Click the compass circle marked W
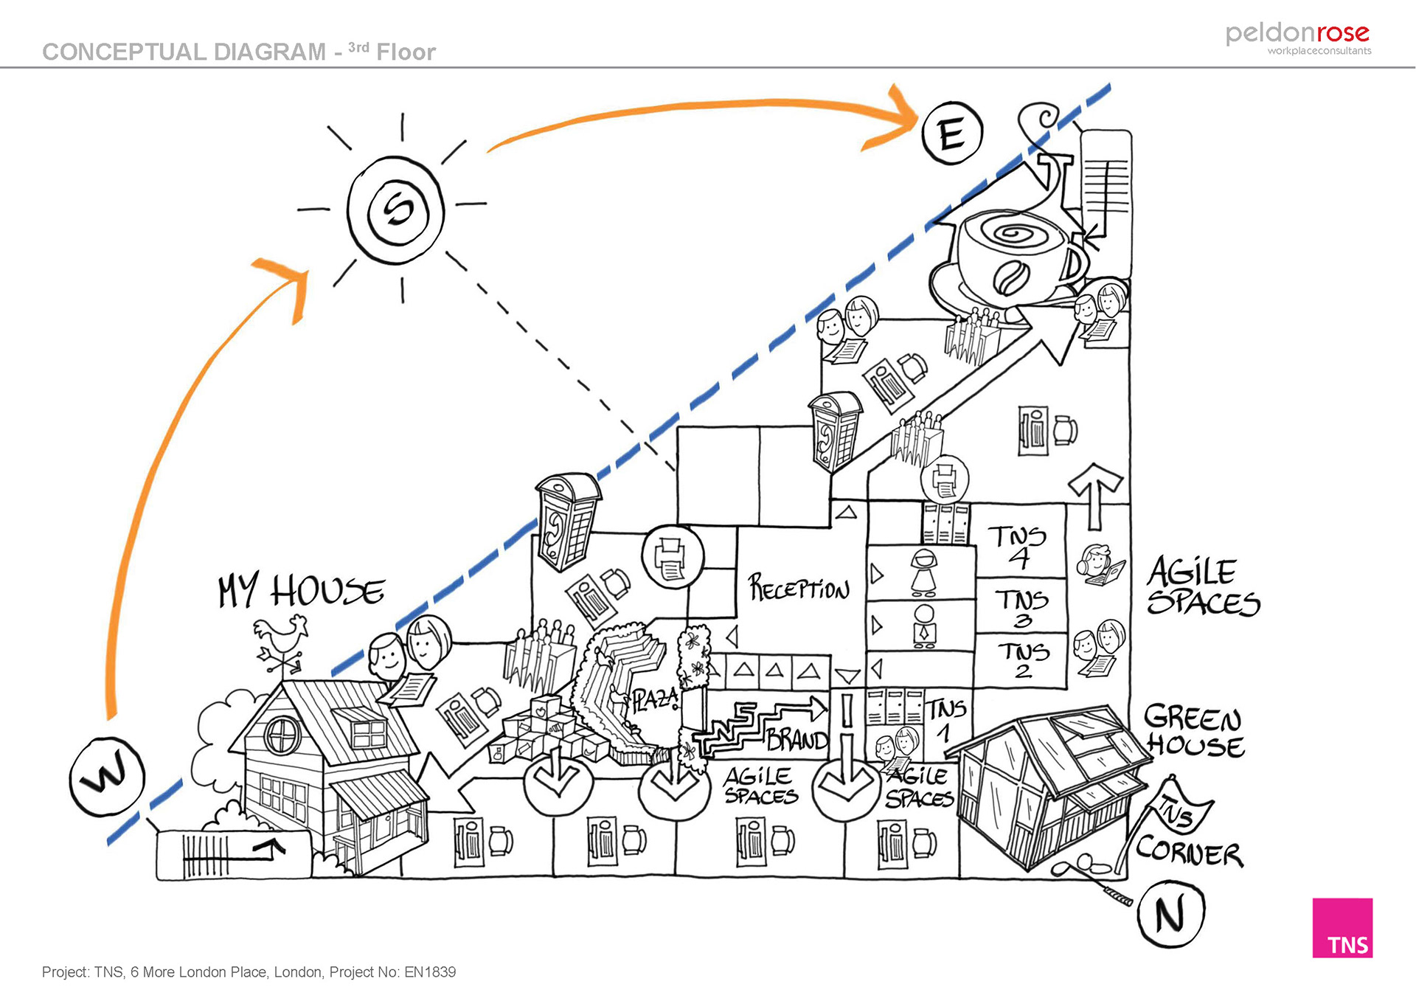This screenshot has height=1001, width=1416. [107, 777]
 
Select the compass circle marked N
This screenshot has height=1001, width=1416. [1170, 914]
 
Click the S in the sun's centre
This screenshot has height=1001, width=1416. [398, 209]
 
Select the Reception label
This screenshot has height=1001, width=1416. [799, 589]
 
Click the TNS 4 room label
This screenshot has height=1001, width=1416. [1018, 546]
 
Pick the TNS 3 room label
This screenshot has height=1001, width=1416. [1021, 607]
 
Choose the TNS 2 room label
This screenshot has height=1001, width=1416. [1023, 659]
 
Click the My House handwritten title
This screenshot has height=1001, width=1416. [301, 591]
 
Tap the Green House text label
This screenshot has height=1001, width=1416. [1194, 730]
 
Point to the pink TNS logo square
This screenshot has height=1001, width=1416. [1342, 927]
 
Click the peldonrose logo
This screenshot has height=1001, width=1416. [1298, 37]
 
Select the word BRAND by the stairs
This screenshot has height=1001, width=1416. [797, 739]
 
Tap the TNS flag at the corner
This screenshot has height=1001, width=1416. [1181, 811]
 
